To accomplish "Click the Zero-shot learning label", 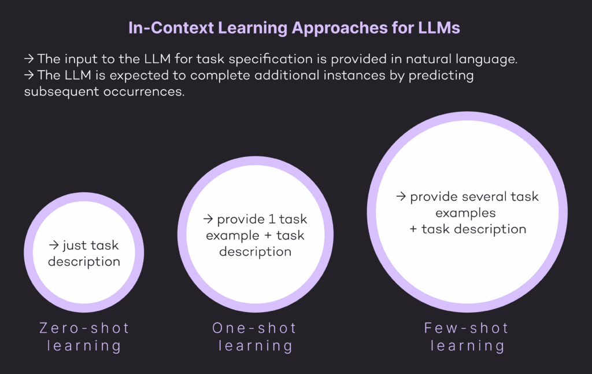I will point(84,337).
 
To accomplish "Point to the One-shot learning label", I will point(255,337).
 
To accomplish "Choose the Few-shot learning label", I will point(467,337).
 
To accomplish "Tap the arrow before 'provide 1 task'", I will point(208,220).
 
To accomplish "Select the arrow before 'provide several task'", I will point(401,197).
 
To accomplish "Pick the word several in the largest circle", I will point(479,197).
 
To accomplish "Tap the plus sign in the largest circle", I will point(413,229).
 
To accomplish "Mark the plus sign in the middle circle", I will point(265,236).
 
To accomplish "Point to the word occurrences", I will point(141,92).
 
